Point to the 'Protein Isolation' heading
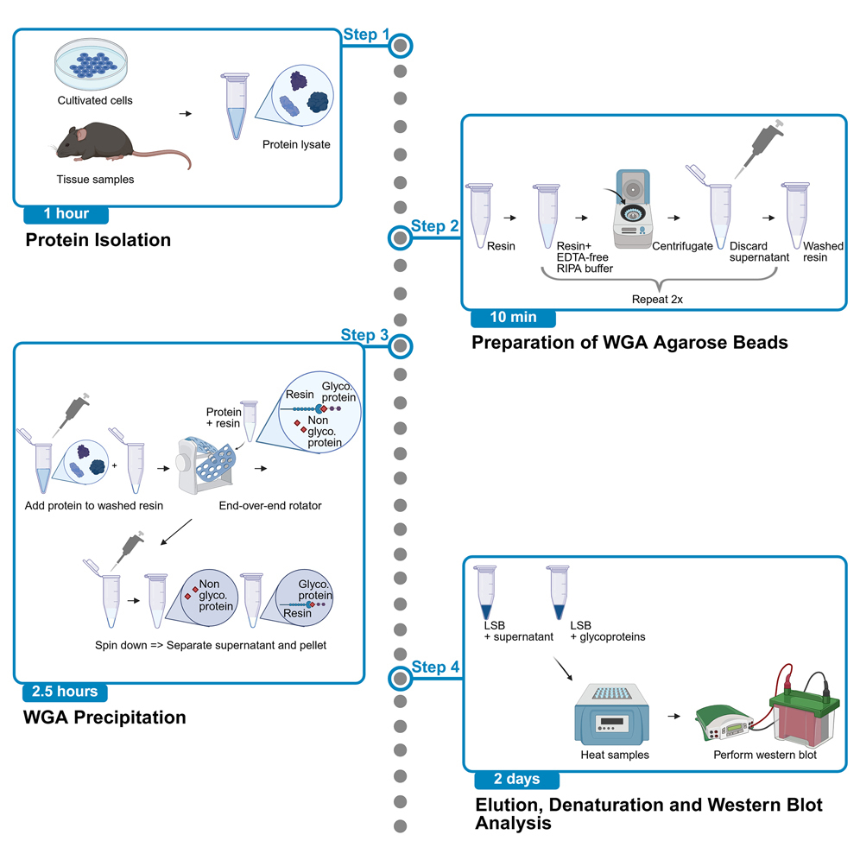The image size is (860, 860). [98, 240]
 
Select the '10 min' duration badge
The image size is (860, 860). [513, 317]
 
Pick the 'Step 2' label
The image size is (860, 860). [434, 226]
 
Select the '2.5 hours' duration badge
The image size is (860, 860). [65, 692]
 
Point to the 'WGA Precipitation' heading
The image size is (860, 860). [105, 718]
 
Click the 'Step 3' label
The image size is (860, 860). [364, 335]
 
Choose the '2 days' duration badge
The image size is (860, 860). [516, 779]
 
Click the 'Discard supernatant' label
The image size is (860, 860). [754, 252]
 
